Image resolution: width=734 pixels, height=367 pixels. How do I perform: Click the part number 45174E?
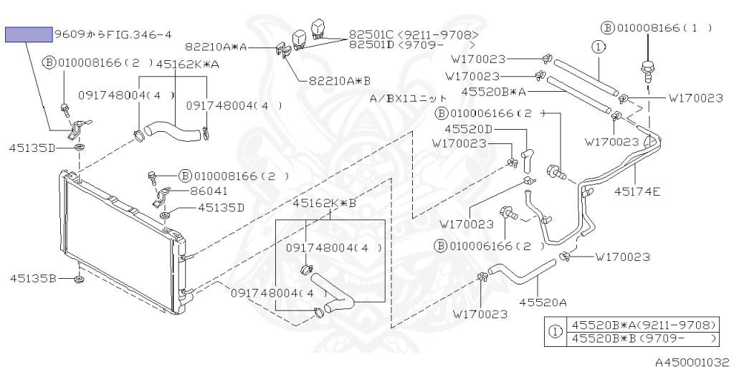point(637,191)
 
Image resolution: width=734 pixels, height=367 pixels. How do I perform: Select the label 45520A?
point(543,302)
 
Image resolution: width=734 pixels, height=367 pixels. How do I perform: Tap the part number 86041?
point(209,191)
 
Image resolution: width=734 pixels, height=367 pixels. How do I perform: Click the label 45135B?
point(33,279)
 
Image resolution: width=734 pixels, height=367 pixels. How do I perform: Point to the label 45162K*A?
point(187,64)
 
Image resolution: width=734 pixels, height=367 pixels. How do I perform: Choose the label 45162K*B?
point(325,204)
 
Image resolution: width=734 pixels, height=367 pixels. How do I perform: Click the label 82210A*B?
point(339,81)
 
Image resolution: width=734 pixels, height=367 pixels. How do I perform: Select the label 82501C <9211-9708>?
point(414,35)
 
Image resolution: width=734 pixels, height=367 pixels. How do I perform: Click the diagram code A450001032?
point(693,362)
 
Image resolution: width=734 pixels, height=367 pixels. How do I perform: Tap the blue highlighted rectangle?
point(29,34)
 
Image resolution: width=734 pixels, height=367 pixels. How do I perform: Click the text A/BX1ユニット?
point(408,98)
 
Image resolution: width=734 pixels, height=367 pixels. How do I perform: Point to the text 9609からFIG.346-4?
point(113,34)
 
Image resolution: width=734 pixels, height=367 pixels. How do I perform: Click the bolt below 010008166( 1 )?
point(648,71)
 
